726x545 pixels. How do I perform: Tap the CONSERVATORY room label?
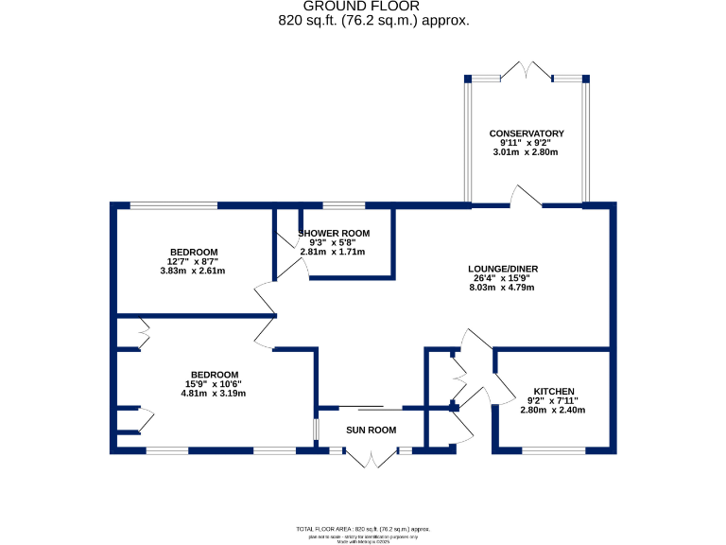[527, 133]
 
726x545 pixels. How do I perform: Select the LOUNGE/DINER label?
[503, 269]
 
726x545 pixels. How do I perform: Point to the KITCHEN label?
[554, 392]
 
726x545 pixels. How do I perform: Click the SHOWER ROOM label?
[334, 234]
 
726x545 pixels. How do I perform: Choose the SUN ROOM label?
[371, 430]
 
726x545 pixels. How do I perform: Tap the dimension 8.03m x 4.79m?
[503, 288]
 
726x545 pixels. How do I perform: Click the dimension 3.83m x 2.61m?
[187, 271]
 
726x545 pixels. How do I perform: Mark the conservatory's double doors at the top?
[527, 72]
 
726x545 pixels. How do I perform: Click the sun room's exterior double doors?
[372, 459]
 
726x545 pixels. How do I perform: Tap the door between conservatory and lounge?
[526, 196]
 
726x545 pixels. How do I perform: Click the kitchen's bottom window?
[553, 450]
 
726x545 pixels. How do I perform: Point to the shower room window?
[344, 205]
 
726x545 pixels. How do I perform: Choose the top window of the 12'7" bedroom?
[174, 205]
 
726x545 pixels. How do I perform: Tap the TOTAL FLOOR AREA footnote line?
[363, 529]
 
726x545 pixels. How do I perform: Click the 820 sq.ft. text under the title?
[373, 21]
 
